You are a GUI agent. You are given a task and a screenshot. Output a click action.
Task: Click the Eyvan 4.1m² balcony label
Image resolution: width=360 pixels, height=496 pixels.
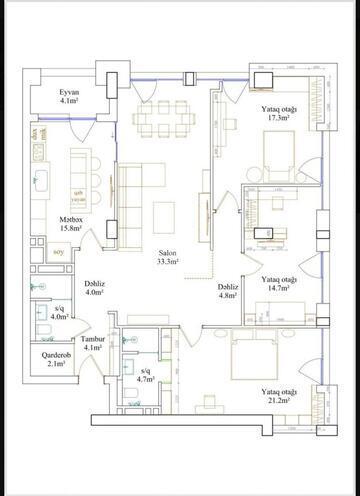pos(68,96)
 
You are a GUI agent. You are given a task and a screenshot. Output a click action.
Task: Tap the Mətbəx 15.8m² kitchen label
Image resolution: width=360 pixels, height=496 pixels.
pos(70,224)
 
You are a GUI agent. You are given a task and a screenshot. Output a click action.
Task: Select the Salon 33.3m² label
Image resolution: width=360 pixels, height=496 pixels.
pos(167,259)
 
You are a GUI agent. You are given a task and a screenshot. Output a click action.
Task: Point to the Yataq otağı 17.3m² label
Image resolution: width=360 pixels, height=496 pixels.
pos(278,113)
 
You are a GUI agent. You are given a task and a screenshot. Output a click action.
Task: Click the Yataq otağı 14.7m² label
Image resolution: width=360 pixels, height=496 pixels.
pos(278,284)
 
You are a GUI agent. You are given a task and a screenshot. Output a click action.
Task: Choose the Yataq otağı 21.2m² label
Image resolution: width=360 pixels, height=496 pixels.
pos(278,395)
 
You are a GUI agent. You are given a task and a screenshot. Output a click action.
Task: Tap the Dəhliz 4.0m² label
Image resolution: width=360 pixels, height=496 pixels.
pos(96,288)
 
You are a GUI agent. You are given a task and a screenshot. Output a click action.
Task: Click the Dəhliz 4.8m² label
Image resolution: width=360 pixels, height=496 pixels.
pos(228,291)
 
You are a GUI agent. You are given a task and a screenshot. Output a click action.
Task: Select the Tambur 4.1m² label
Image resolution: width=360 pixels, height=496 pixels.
pos(95,343)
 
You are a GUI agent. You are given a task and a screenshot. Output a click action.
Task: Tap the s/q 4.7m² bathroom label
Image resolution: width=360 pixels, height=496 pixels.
pos(146,376)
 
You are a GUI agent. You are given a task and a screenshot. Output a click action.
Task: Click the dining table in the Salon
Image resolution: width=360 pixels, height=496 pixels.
pos(164,119)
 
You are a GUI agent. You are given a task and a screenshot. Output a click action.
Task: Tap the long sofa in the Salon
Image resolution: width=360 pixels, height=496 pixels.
pos(127,197)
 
